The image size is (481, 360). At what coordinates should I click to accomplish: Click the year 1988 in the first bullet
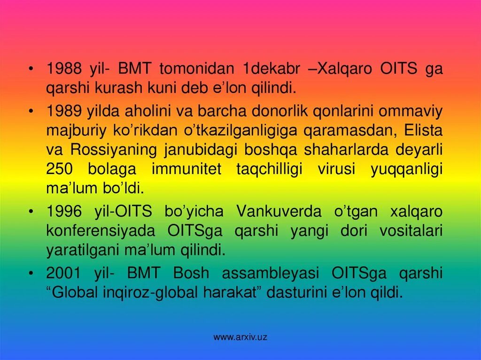[x=63, y=69]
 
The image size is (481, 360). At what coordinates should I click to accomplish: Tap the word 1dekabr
[x=271, y=69]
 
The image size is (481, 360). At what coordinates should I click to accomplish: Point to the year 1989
[x=63, y=112]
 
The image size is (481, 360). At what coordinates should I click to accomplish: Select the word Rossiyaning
[x=114, y=150]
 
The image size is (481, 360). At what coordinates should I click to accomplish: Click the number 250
[x=59, y=169]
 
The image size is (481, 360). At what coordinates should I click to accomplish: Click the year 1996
[x=63, y=212]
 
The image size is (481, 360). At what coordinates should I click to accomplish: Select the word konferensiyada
[x=100, y=231]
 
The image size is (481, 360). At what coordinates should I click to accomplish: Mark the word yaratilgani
[x=82, y=250]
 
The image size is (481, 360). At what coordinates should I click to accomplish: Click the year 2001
[x=63, y=274]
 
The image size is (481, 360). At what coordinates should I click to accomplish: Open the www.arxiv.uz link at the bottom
[x=240, y=337]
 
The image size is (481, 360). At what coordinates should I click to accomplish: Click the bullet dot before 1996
[x=31, y=212]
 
